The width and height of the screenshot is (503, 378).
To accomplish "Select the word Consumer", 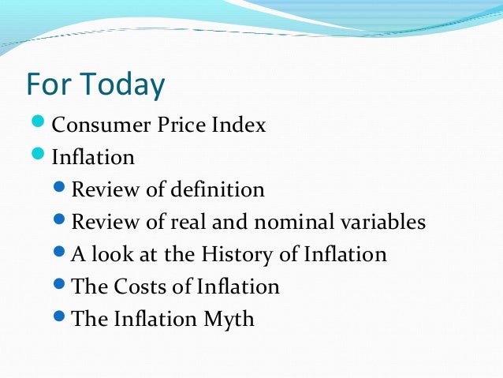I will coord(93,125).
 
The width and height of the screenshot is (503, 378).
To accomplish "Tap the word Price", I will coord(166,125).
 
